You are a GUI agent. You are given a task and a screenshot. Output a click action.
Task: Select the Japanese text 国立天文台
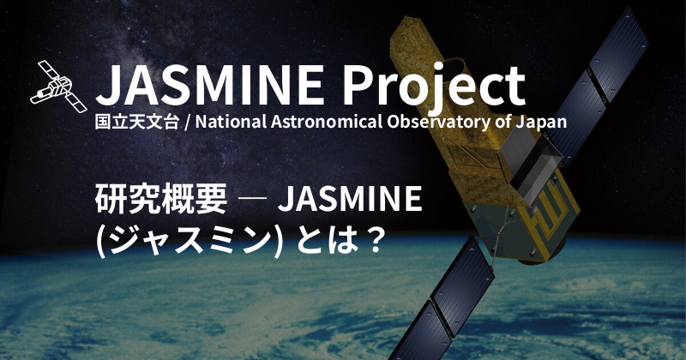[x=137, y=122]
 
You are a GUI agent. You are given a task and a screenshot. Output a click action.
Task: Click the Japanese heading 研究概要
[x=160, y=200]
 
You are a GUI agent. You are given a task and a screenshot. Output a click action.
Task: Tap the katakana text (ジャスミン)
[x=190, y=237]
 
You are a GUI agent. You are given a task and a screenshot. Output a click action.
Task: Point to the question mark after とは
[x=370, y=237]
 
